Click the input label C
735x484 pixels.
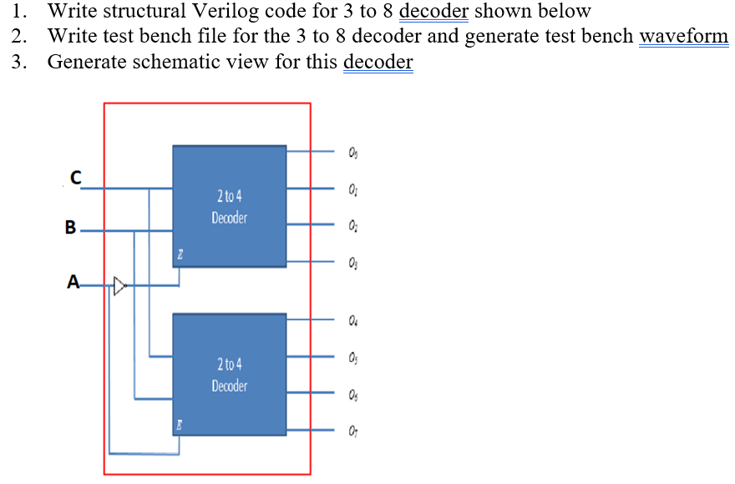coord(76,178)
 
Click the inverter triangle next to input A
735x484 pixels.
coord(119,286)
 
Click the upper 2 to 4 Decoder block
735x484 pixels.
coord(230,206)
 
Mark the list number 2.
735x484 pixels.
coord(19,37)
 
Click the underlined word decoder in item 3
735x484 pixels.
coord(378,63)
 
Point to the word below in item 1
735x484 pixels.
coord(564,12)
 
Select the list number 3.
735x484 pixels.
coord(19,63)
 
